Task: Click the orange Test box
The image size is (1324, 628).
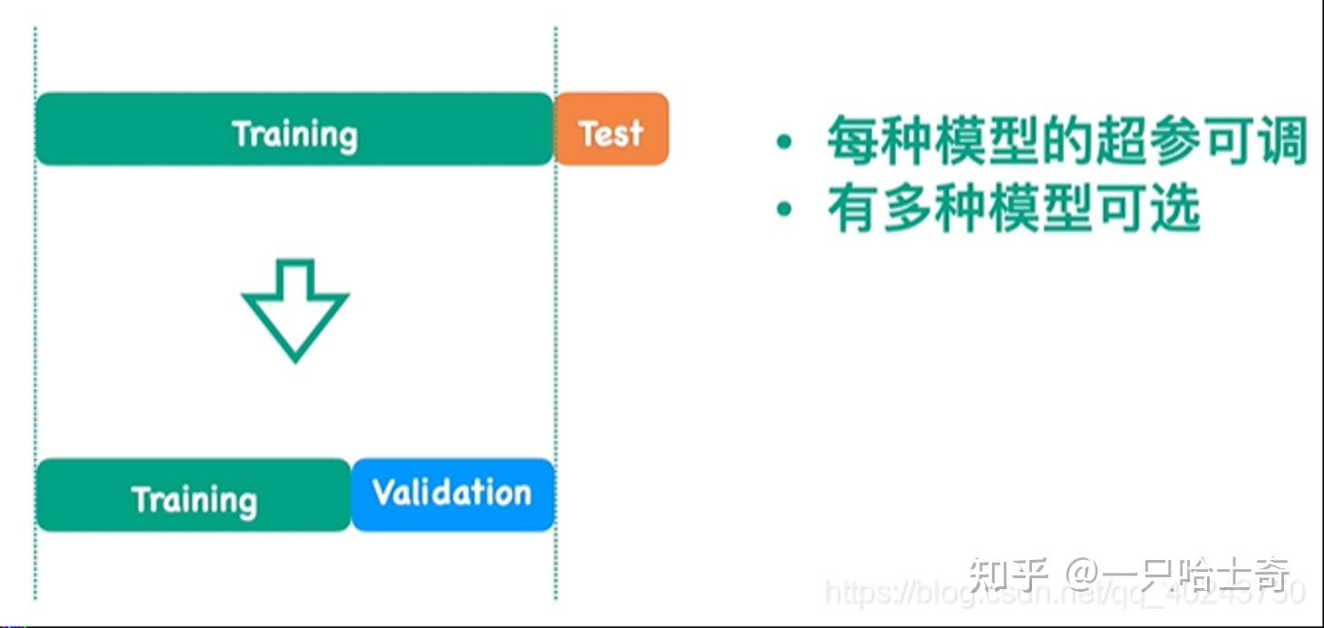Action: pos(611,129)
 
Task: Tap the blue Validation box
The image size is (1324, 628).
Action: pos(453,495)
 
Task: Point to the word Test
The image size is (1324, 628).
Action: pos(611,133)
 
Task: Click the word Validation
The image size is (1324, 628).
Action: pos(453,493)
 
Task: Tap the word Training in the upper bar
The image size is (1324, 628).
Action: pos(295,134)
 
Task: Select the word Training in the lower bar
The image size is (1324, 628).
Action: pos(194,499)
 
